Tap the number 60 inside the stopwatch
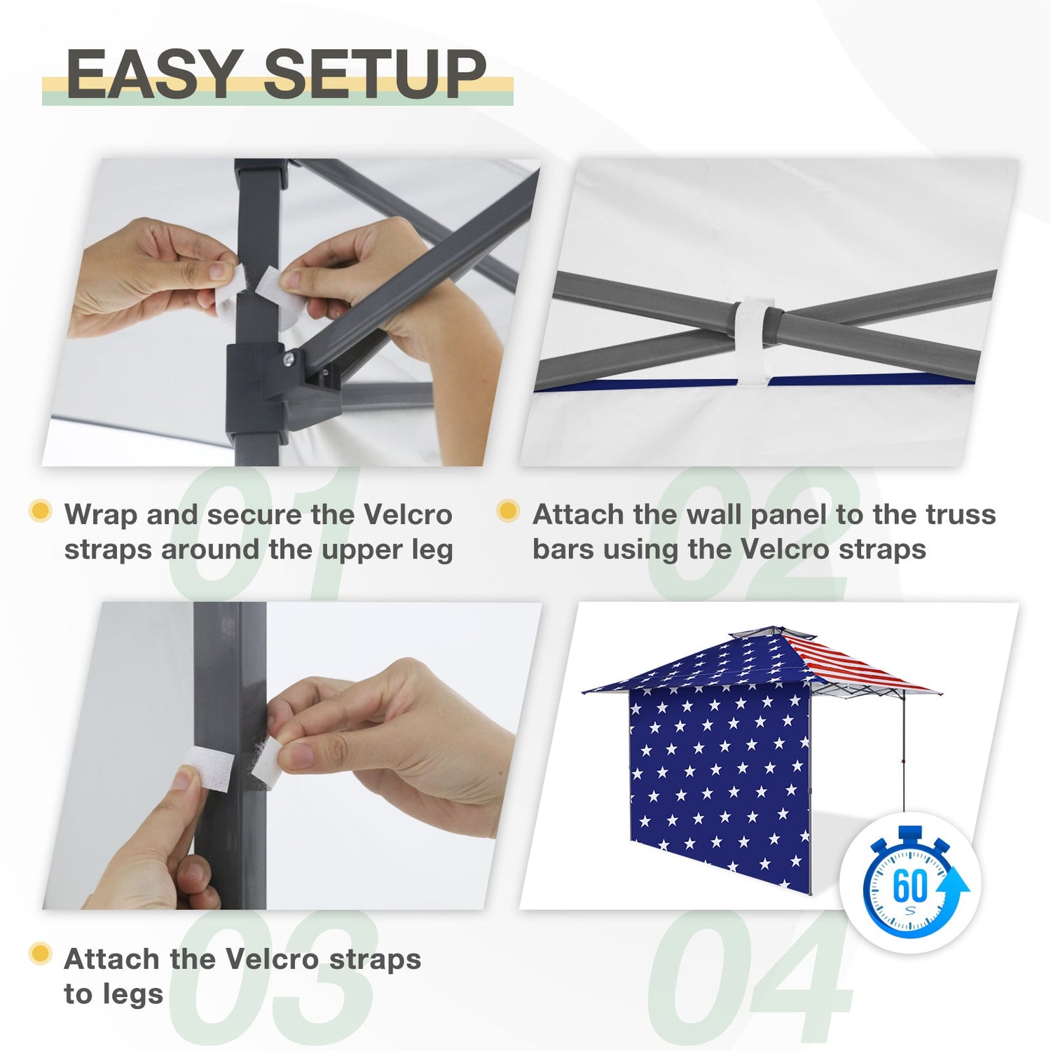(x=910, y=886)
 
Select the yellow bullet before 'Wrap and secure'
(x=41, y=511)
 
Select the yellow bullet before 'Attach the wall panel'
(x=508, y=511)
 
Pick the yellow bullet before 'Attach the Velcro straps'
(x=41, y=954)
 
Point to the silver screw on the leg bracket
(x=288, y=359)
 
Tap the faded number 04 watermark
(x=750, y=981)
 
